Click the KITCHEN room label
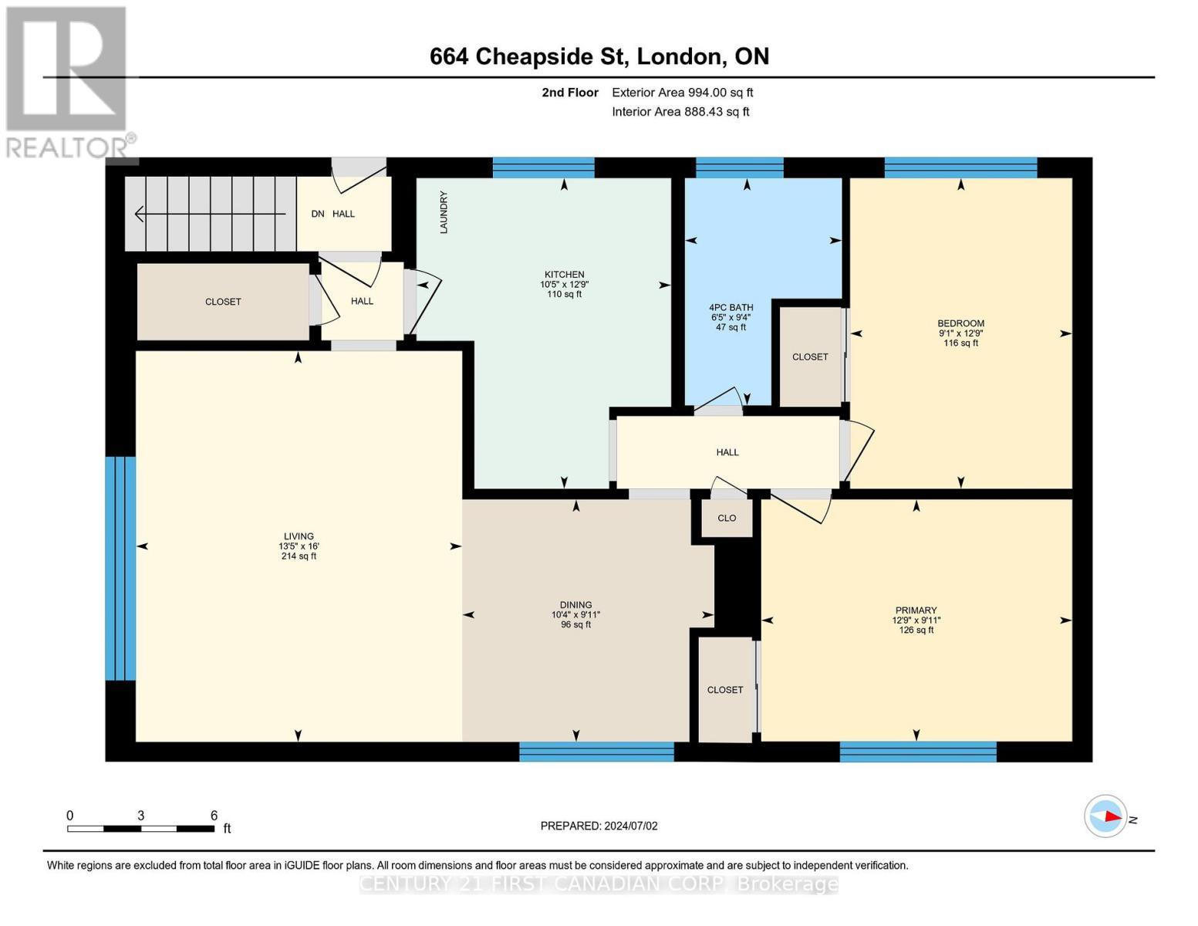coord(564,275)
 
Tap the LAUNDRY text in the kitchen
coord(444,212)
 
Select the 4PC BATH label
coord(731,307)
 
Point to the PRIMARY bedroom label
coord(916,610)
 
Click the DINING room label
coord(575,605)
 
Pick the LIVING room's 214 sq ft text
coord(299,556)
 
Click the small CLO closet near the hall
coord(727,519)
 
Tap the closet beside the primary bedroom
coord(725,690)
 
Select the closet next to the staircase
coord(223,302)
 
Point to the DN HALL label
coord(333,214)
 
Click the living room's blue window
coord(120,568)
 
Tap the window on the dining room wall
coord(596,751)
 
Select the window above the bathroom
coord(739,167)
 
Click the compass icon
coord(1105,816)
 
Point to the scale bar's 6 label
coord(214,816)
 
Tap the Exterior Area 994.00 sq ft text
coord(682,93)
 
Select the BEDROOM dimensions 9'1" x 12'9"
coord(960,333)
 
